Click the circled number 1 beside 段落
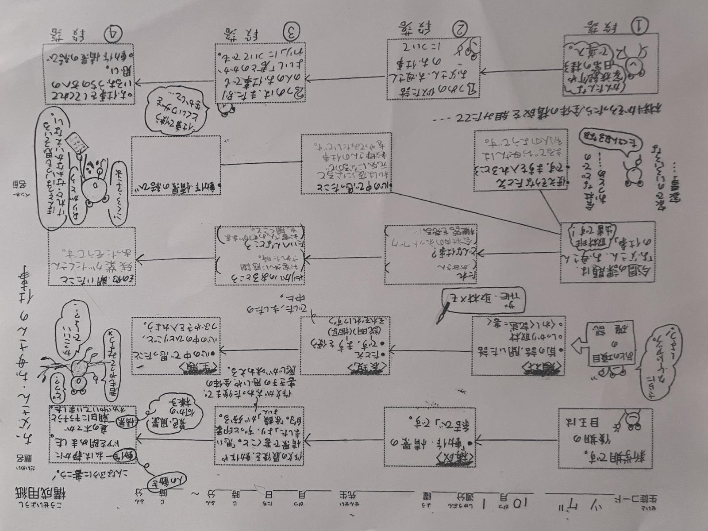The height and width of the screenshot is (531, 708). [x=638, y=26]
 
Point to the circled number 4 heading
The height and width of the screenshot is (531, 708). [x=114, y=31]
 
